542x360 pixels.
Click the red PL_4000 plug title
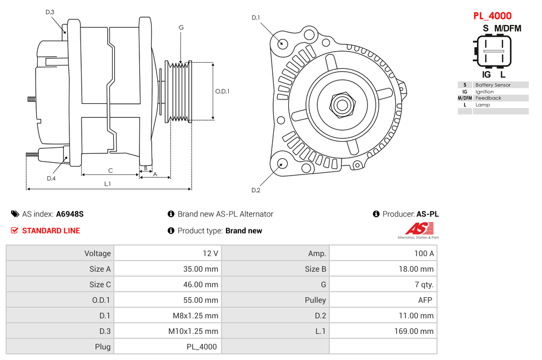[x=492, y=16]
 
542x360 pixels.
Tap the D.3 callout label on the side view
[x=50, y=12]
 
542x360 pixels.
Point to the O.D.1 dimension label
[x=222, y=91]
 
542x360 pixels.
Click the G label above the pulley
[x=181, y=27]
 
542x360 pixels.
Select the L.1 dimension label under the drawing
[x=108, y=183]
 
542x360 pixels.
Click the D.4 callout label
[x=51, y=178]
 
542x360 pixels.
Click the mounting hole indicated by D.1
[x=283, y=43]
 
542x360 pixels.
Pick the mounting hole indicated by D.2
[x=282, y=163]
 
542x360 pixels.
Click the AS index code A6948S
[x=69, y=214]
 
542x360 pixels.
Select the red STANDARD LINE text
[x=51, y=231]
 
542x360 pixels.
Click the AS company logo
[x=418, y=230]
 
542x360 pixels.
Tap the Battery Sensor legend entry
[x=493, y=85]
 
